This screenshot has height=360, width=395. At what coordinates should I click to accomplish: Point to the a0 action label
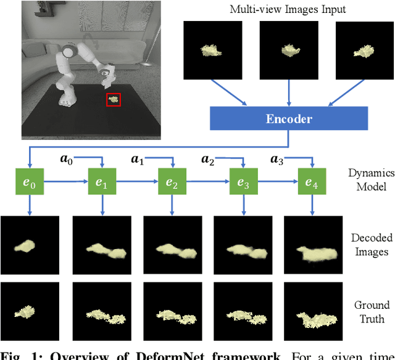[66, 159]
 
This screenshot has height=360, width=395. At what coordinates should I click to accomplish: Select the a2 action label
[207, 159]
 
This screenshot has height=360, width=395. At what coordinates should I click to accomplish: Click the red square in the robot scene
[113, 99]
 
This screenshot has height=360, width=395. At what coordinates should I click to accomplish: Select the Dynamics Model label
[370, 180]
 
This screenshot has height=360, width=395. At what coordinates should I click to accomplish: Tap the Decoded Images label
[370, 244]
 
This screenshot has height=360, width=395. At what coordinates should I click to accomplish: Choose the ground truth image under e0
[30, 312]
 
